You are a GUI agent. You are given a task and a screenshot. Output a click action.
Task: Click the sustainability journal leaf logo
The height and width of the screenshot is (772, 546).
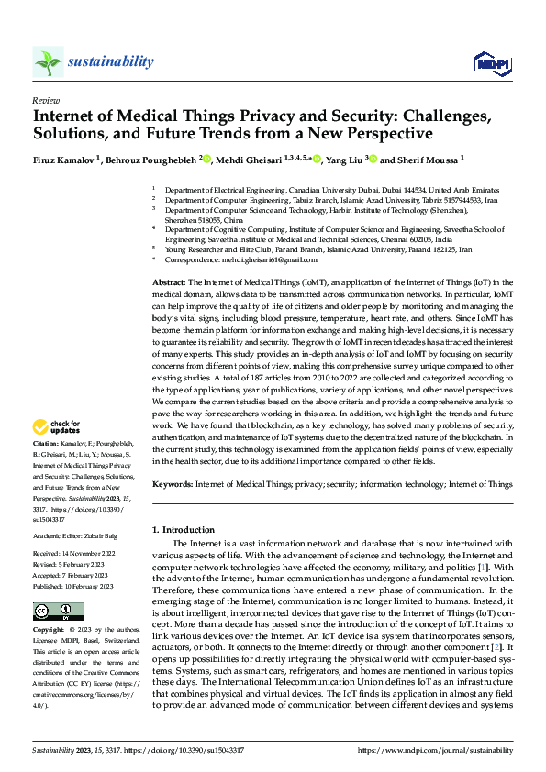(48, 62)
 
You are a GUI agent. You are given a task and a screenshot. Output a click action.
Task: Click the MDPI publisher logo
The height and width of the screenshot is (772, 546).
(491, 62)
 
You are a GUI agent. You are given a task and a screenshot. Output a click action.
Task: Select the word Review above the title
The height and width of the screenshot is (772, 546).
(45, 100)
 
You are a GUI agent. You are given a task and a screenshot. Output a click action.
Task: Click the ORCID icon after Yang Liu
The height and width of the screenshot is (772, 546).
(372, 159)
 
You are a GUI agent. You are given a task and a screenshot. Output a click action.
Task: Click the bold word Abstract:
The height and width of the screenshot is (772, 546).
(169, 282)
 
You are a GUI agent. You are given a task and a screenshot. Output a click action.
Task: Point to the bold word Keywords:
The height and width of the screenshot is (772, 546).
(173, 483)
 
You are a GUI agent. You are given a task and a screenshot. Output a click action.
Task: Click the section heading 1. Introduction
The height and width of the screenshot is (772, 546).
(183, 530)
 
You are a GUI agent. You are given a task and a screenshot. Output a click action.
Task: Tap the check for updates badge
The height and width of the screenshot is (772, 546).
(56, 426)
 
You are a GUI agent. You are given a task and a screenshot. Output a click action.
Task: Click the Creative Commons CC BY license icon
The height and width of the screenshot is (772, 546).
(58, 612)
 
